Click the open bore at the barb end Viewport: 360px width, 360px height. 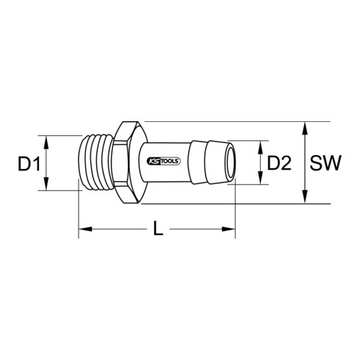coord(231,162)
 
